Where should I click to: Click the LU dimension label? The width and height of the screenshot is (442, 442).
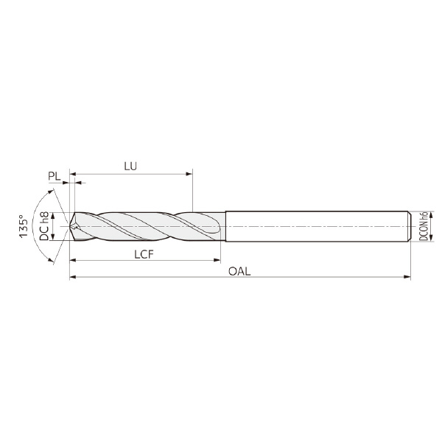coord(130,166)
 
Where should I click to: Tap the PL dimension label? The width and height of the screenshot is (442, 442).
coord(55,176)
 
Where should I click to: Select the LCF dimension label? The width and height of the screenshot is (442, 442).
coord(144,255)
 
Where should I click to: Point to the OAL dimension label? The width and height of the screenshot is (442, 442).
coord(239,271)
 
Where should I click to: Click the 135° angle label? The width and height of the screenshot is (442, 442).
coord(24,226)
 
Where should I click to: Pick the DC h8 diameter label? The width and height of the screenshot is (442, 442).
coord(44,226)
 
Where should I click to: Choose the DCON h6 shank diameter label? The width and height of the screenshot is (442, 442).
coord(424,226)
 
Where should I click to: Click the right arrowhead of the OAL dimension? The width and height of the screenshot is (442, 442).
coord(407,277)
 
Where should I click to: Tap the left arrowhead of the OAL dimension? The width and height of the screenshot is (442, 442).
coord(73,277)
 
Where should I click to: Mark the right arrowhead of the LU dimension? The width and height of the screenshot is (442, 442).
coord(189,174)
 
